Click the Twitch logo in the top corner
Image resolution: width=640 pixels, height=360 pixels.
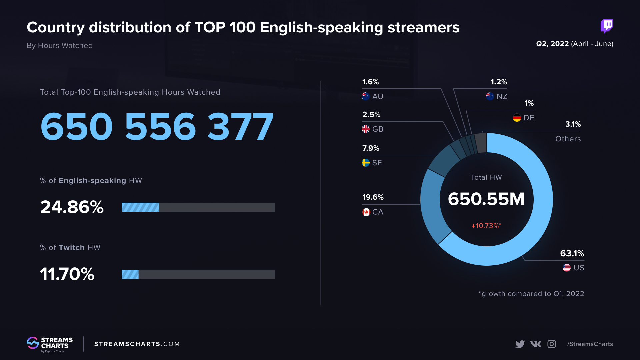pyautogui.click(x=607, y=26)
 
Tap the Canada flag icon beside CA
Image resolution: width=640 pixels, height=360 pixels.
pyautogui.click(x=366, y=212)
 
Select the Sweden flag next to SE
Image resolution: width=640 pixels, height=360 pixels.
pyautogui.click(x=366, y=163)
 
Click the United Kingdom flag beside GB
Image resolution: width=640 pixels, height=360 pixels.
pyautogui.click(x=366, y=129)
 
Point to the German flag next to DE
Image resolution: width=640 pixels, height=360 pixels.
pyautogui.click(x=517, y=118)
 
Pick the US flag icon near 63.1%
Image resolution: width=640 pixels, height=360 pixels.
pyautogui.click(x=566, y=268)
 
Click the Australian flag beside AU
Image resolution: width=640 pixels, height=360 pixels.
pyautogui.click(x=366, y=96)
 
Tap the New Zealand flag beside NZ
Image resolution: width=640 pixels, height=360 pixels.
pyautogui.click(x=490, y=96)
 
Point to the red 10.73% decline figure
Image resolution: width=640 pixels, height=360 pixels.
pyautogui.click(x=487, y=226)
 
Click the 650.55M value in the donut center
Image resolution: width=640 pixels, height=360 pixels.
pyautogui.click(x=486, y=199)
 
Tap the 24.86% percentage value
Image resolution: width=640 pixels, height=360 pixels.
pyautogui.click(x=72, y=207)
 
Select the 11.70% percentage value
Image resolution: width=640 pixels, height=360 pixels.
pyautogui.click(x=67, y=274)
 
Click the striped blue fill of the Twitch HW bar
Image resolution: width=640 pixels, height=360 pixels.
pyautogui.click(x=130, y=274)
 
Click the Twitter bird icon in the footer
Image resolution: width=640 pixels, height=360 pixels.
pyautogui.click(x=520, y=344)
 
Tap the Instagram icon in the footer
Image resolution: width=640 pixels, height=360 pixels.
pyautogui.click(x=552, y=344)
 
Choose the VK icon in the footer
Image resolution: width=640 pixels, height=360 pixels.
pyautogui.click(x=536, y=344)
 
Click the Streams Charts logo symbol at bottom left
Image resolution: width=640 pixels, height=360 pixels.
pyautogui.click(x=33, y=343)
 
